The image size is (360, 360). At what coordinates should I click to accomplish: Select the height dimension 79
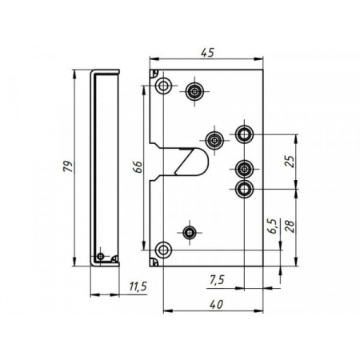pos(69,166)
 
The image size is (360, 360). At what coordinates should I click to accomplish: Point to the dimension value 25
pos(290,159)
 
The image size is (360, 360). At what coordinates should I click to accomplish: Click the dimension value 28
pos(290,228)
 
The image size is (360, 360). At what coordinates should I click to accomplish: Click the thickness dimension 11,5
pos(138,286)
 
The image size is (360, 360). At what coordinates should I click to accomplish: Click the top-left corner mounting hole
pos(163,86)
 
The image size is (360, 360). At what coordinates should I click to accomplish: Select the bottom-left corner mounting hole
pos(163,250)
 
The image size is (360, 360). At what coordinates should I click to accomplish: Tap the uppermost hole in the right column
pos(244,131)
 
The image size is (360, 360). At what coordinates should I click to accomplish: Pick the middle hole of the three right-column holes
pos(244,169)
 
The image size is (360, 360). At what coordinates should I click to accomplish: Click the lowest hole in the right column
pos(244,189)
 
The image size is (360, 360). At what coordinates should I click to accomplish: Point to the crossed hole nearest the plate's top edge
pos(194,92)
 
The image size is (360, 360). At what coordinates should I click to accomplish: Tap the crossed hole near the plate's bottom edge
pos(189,233)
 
